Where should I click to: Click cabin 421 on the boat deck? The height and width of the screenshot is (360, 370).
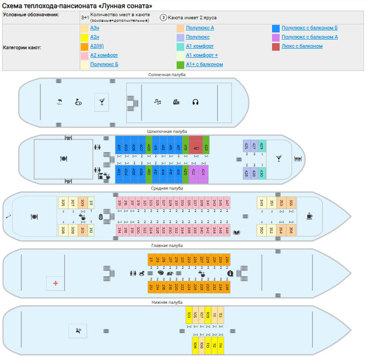click(196, 148)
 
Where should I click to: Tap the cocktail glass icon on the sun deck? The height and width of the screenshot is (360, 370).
click(102, 102)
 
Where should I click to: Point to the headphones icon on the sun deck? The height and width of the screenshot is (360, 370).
click(195, 102)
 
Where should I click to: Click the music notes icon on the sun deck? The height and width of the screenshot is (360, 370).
click(158, 102)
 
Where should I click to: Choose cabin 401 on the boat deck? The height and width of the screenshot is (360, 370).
click(119, 148)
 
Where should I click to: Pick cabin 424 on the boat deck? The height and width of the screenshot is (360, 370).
click(203, 172)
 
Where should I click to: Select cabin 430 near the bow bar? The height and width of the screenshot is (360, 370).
click(261, 173)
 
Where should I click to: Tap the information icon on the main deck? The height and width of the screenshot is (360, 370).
click(230, 273)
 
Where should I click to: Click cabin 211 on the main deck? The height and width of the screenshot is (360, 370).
click(151, 260)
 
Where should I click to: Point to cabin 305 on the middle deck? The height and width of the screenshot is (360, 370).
click(63, 203)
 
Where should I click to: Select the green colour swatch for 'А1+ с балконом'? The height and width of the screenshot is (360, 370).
click(180, 64)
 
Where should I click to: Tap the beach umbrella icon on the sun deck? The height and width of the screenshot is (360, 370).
click(59, 102)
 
